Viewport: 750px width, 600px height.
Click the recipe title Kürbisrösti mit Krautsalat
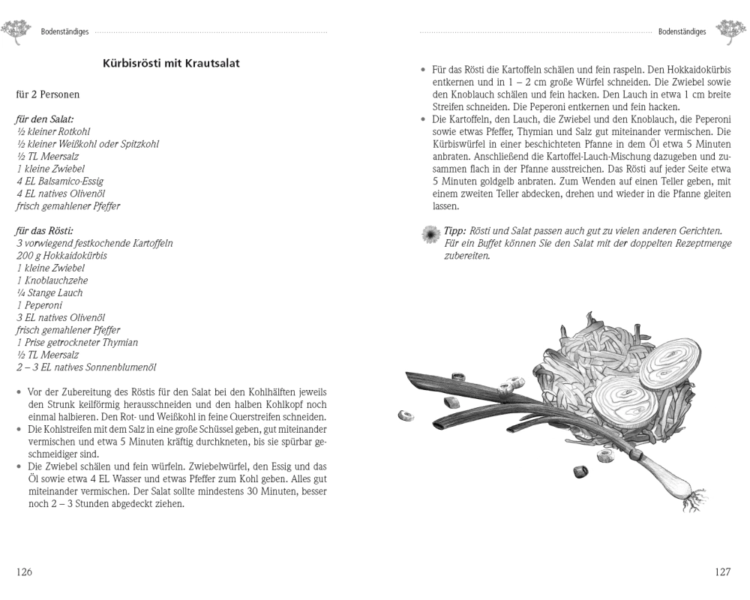pos(171,64)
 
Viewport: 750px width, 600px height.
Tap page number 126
pos(25,571)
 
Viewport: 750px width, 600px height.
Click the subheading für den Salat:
pos(44,119)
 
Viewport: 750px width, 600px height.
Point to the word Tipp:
pos(454,231)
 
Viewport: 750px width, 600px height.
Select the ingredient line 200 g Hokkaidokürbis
pos(61,256)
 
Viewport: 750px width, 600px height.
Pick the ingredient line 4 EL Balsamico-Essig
pos(60,181)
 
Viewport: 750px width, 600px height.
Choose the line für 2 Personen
pos(47,94)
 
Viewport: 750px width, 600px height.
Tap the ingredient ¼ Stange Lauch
pos(49,292)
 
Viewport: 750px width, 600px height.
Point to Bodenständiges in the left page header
pos(64,32)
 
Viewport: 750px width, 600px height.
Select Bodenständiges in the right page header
pos(682,32)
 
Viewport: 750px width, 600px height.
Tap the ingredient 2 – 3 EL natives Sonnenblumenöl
pos(86,367)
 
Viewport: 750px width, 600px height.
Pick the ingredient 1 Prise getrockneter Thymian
pos(77,342)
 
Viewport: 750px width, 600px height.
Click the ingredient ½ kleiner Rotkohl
pos(53,131)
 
